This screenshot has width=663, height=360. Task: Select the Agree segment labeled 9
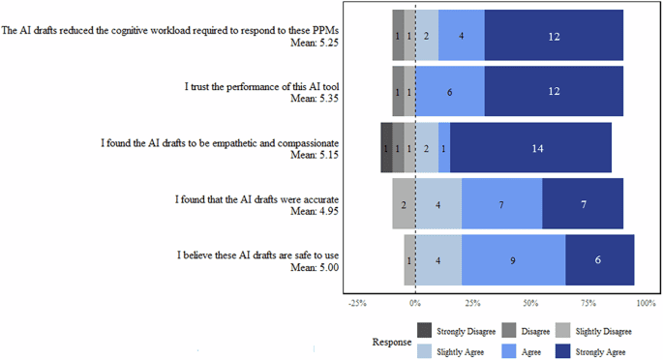[x=513, y=259]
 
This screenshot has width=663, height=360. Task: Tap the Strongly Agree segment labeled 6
[x=599, y=259]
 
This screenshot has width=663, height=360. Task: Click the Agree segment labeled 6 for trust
[x=449, y=92]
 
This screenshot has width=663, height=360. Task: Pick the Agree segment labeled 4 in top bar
[x=461, y=36]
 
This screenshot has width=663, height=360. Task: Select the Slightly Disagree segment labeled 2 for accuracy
[x=404, y=204]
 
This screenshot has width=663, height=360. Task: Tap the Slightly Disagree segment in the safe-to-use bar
[x=409, y=259]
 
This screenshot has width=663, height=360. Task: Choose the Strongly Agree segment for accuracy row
[x=582, y=204]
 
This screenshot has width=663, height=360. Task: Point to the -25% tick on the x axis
[x=357, y=303]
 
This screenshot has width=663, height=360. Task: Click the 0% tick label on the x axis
[x=415, y=303]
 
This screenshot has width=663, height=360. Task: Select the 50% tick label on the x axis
[x=530, y=303]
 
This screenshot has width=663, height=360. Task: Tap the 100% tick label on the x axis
[x=646, y=303]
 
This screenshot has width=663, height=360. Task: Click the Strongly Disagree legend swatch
[x=425, y=331]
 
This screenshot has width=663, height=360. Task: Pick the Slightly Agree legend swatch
[x=425, y=350]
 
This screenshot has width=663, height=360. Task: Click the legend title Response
[x=392, y=342]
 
